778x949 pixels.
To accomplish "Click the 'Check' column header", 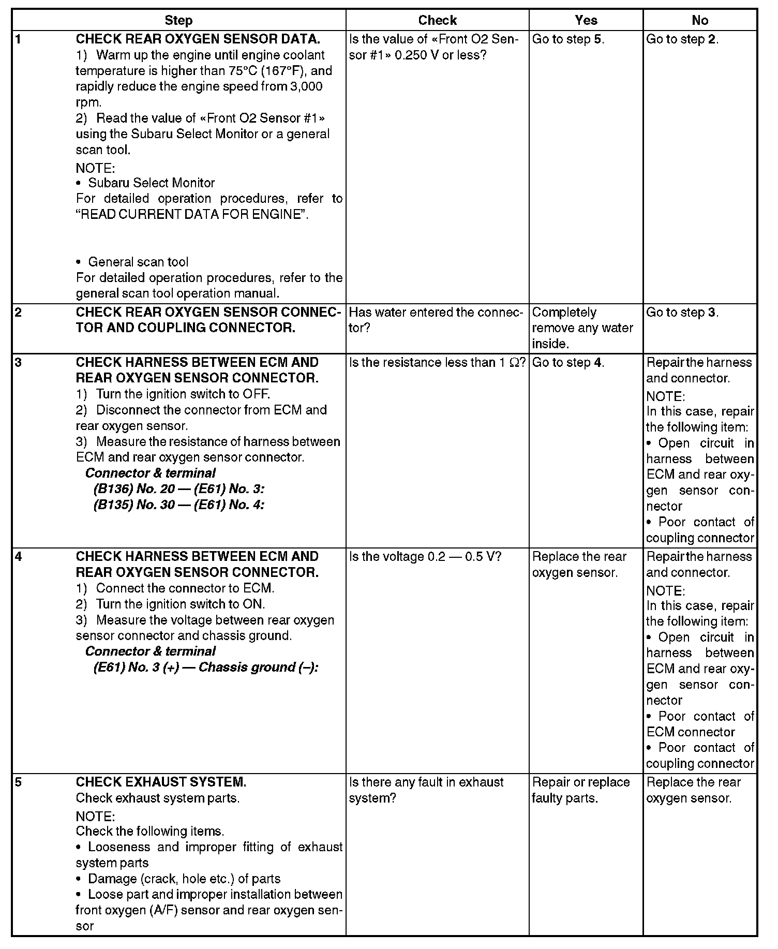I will click(437, 20).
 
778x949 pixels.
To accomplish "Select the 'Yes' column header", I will click(586, 20).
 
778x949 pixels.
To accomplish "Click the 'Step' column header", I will click(178, 20).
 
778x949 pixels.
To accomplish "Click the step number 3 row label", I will click(19, 362).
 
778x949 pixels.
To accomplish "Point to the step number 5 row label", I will click(19, 782).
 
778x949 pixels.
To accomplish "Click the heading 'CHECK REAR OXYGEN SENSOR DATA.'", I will click(198, 39).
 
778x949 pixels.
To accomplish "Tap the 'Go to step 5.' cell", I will click(568, 39).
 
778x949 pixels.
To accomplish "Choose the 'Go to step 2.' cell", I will click(682, 39).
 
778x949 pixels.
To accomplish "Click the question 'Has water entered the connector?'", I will click(436, 320).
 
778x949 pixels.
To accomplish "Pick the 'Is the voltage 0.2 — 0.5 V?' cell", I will click(425, 557).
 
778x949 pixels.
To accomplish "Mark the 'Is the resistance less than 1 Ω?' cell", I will click(437, 363).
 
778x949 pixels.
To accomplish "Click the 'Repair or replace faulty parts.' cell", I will click(580, 790).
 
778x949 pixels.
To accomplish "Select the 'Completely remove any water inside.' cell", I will click(582, 328).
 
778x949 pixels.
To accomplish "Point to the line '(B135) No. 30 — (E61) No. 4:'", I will click(179, 505).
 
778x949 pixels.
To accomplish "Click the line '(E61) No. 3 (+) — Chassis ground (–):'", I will click(206, 668).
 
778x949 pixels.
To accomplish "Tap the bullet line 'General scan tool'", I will click(138, 262).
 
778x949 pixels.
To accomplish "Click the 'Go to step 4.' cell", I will click(568, 363).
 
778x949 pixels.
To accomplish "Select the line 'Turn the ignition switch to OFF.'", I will click(183, 394).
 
